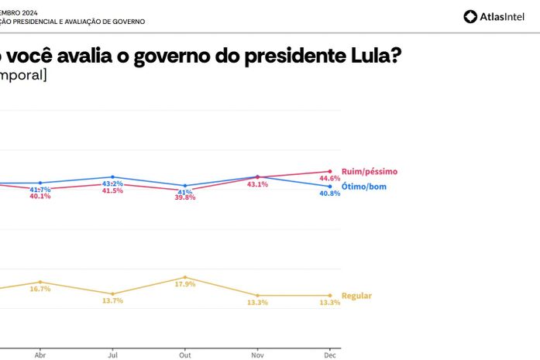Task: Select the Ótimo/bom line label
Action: (363, 187)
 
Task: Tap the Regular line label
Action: (356, 296)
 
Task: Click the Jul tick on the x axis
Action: (112, 355)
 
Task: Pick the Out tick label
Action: (185, 355)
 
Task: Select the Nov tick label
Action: (257, 355)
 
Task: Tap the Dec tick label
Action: (330, 355)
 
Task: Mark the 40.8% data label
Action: (330, 194)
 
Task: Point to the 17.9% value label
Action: (185, 284)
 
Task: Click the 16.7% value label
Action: (40, 289)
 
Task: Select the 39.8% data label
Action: (185, 197)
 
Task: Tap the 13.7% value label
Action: (113, 300)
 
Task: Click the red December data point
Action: (330, 171)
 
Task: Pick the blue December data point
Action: (330, 187)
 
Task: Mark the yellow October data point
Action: (185, 277)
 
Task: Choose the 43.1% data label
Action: (257, 184)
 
